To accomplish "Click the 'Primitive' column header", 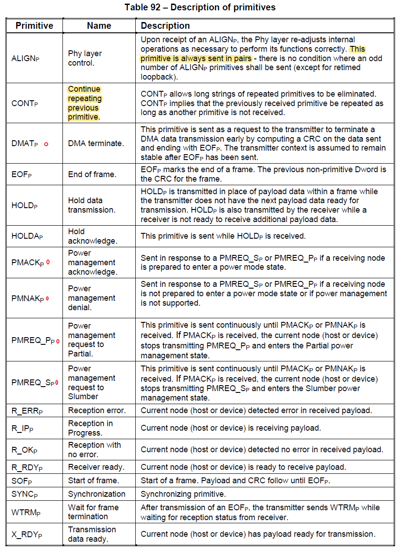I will [x=34, y=26].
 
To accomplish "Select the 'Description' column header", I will [x=165, y=26].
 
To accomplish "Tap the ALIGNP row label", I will [x=25, y=58].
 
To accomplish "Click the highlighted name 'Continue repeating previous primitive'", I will [x=85, y=103].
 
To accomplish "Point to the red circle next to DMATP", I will [x=46, y=144].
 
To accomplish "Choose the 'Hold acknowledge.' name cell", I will [x=92, y=236].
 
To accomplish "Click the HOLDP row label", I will [x=24, y=205].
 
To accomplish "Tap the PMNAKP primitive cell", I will [x=27, y=298].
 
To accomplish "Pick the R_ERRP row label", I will [x=27, y=410].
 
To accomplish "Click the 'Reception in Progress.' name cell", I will [x=90, y=428].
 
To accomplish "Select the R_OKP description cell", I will [x=262, y=450].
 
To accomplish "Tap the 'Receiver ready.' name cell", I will [x=96, y=467].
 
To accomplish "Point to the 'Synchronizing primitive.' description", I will [x=183, y=494].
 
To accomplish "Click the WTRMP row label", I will [x=26, y=512].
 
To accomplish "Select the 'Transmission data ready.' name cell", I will [x=92, y=534].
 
